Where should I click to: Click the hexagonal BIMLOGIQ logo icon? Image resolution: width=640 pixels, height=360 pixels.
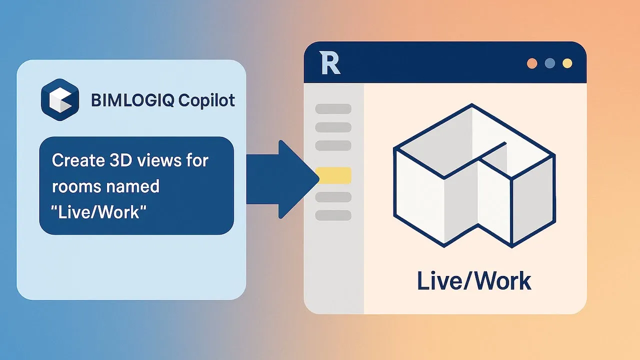60,99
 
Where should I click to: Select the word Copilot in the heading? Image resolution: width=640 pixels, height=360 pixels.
206,100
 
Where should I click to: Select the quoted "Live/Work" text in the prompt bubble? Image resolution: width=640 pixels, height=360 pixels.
98,212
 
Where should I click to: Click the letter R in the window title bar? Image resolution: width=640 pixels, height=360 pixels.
329,63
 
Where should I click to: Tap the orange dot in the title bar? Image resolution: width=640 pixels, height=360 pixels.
532,63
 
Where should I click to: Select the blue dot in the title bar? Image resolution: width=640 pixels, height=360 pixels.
550,63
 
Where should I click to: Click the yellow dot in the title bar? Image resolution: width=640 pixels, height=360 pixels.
567,63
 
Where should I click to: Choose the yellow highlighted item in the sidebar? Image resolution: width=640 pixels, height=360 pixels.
333,175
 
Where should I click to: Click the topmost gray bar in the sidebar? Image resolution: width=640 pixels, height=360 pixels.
333,109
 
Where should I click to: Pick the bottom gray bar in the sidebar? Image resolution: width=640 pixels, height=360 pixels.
333,215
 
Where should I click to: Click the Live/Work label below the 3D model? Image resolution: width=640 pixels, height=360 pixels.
474,281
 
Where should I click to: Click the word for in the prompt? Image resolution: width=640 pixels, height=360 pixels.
197,160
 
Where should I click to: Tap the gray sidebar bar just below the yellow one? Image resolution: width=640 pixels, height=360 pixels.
333,197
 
